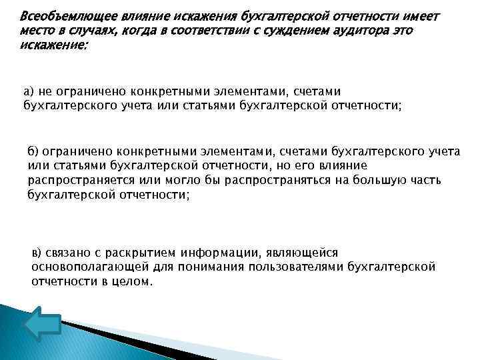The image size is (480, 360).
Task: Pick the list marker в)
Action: [x=37, y=253]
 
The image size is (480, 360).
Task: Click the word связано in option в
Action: [x=70, y=253]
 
